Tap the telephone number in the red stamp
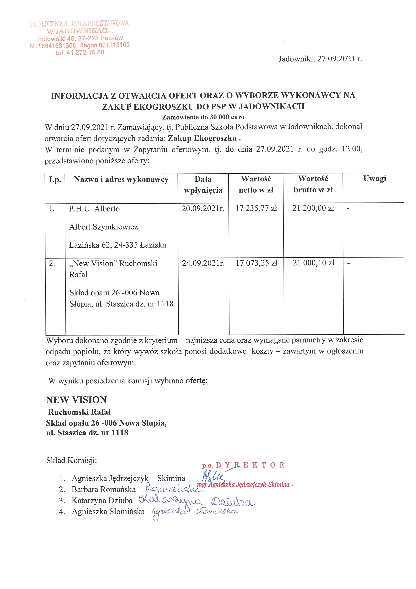point(80,53)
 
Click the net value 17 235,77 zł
point(256,208)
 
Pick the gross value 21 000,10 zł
point(313,263)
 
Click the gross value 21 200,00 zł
point(313,208)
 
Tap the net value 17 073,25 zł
point(256,263)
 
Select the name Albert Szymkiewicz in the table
point(103,227)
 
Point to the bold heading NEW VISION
point(76,400)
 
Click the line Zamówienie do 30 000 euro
point(203,117)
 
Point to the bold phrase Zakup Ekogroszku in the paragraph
point(202,138)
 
